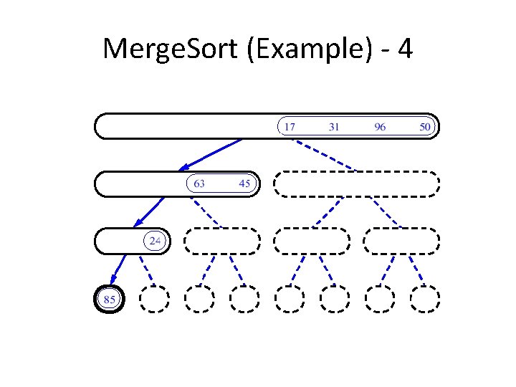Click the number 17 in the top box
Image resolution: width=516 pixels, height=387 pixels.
click(x=290, y=127)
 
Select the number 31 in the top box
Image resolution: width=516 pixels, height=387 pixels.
click(x=334, y=127)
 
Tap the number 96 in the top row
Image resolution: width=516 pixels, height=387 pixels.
click(x=380, y=127)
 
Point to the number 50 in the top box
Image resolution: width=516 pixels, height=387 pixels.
click(x=425, y=127)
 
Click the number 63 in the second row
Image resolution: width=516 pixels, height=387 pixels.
click(x=199, y=183)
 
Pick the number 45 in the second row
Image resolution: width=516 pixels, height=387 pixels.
click(x=244, y=183)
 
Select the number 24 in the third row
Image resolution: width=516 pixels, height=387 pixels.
click(x=155, y=241)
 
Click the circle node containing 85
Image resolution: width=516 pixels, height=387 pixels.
click(x=110, y=298)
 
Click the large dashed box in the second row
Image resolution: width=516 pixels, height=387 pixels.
click(x=357, y=183)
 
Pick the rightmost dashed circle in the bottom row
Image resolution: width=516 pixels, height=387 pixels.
click(x=425, y=298)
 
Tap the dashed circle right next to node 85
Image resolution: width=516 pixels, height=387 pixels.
click(x=154, y=298)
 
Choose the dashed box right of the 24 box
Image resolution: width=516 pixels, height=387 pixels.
click(x=222, y=241)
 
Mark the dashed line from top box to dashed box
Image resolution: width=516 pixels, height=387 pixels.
click(x=326, y=155)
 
